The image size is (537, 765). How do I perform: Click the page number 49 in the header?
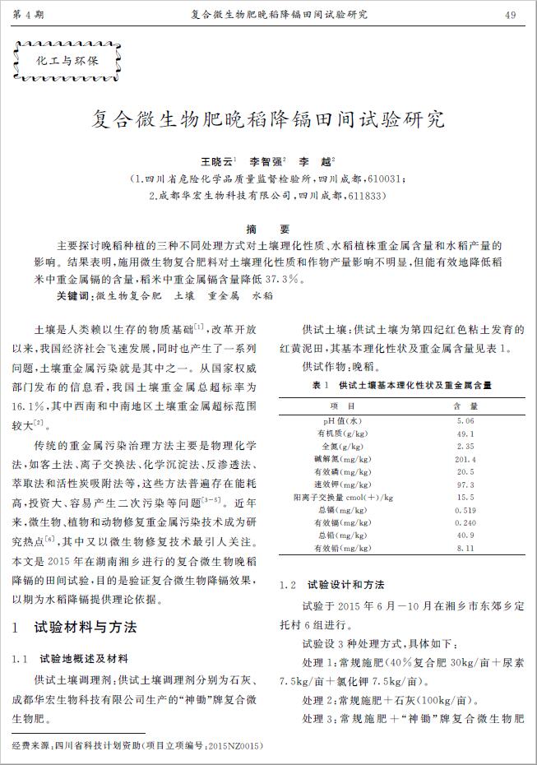[x=510, y=15]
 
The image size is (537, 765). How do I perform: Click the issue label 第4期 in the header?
[x=29, y=15]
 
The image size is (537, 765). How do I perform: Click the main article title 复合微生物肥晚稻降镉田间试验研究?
[x=267, y=119]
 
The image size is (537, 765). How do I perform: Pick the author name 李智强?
[x=266, y=162]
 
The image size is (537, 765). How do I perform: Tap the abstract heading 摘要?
[x=268, y=229]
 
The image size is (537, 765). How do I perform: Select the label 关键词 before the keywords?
[x=75, y=294]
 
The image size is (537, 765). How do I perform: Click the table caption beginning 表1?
[x=402, y=385]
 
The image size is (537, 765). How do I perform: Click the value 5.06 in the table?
[x=465, y=421]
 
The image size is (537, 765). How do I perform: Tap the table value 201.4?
[x=465, y=459]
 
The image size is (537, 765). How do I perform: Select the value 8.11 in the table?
[x=465, y=547]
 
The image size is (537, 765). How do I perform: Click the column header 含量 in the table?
[x=465, y=406]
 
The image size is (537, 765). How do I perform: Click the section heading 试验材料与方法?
[x=86, y=628]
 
